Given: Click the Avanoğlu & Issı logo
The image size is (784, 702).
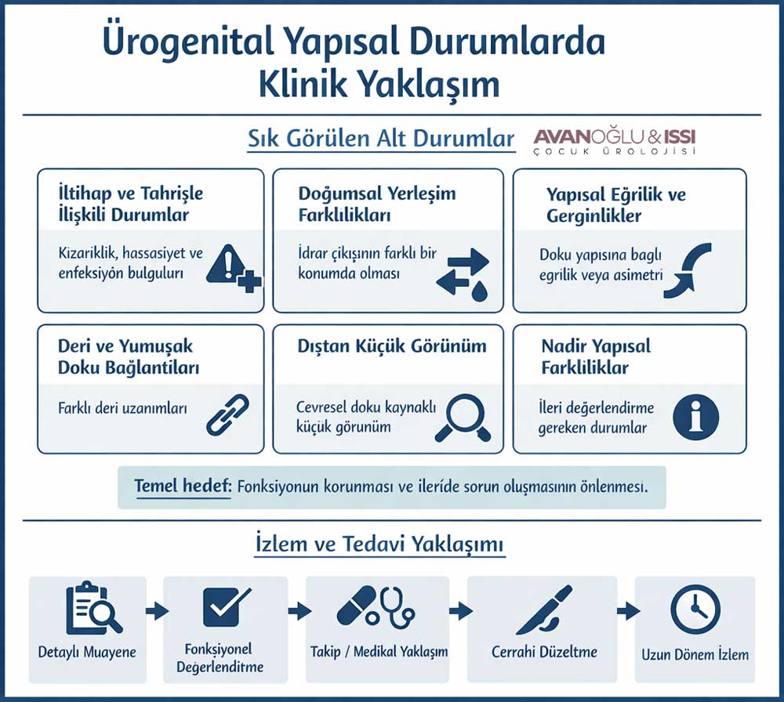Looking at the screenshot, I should point(614,141).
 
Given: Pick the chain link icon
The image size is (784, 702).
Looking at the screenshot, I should point(227,414).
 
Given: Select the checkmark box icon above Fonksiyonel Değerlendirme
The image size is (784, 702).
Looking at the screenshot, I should point(225,606).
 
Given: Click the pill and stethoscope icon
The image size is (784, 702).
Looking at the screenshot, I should point(375,606).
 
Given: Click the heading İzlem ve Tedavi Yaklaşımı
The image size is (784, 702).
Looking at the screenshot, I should point(380,545).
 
